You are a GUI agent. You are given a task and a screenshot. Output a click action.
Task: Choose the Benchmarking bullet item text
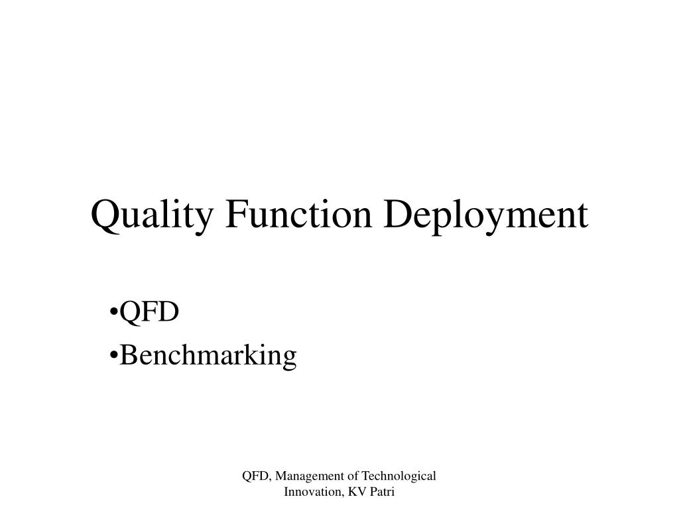click(208, 355)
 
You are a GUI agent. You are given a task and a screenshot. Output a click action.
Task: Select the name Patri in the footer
click(381, 492)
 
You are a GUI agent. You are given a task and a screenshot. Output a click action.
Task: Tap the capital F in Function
click(233, 215)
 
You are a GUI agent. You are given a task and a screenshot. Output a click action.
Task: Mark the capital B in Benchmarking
click(129, 355)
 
